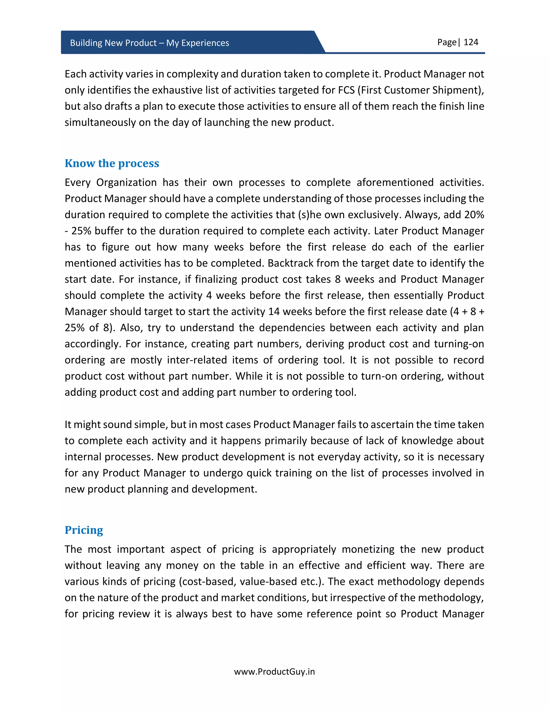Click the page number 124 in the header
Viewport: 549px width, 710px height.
tap(471, 42)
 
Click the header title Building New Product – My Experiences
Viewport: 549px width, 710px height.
tap(149, 43)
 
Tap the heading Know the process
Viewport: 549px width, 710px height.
tap(112, 163)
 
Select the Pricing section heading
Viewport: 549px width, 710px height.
tap(84, 530)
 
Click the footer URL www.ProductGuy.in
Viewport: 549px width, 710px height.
tap(274, 672)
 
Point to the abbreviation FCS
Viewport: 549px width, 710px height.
tap(346, 90)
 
